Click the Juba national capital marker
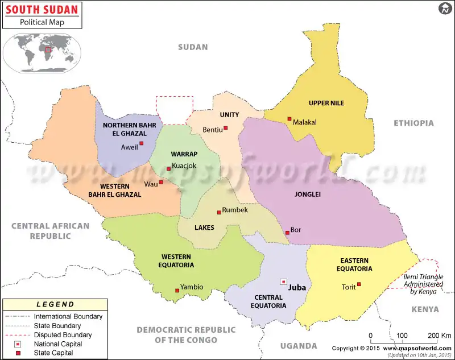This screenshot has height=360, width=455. [x=283, y=282]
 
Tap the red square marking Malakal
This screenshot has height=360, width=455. [x=289, y=119]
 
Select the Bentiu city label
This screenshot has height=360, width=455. [x=212, y=130]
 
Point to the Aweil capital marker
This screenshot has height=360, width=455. [x=141, y=143]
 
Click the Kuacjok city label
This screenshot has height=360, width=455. [x=184, y=166]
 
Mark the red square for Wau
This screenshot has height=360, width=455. [x=161, y=182]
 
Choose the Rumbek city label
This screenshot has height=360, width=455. [x=235, y=210]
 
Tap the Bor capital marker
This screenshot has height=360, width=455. [x=287, y=233]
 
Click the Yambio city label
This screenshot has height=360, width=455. [x=191, y=287]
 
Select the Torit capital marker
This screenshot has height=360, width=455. [x=358, y=284]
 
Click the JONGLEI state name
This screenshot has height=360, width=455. [x=308, y=194]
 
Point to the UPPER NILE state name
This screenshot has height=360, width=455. [x=326, y=103]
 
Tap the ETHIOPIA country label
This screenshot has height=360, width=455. [x=413, y=123]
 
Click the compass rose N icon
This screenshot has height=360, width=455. [x=444, y=9]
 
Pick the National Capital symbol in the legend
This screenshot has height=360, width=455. [x=18, y=344]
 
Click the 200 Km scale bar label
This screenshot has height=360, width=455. [x=440, y=336]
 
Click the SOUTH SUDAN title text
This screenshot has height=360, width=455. [x=41, y=10]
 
